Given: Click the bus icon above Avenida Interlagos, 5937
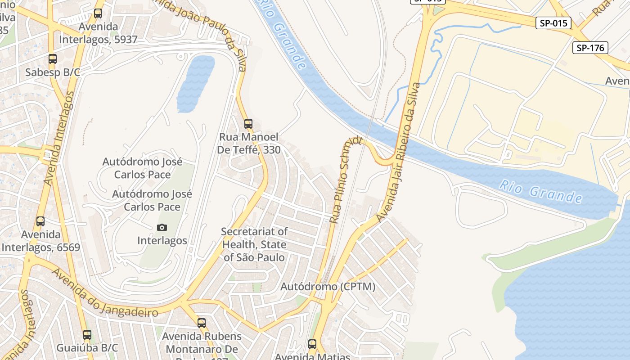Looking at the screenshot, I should [x=98, y=13].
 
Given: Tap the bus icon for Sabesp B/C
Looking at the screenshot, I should [x=53, y=59].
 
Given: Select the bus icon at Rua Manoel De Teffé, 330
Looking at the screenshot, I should [x=248, y=123].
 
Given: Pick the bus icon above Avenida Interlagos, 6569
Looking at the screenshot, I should [x=40, y=221].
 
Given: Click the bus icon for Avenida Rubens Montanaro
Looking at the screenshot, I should [x=202, y=323].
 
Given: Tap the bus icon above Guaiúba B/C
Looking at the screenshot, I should [x=87, y=335].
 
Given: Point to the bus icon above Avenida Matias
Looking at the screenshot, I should [x=312, y=344].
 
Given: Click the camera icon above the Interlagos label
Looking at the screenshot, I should [x=162, y=227].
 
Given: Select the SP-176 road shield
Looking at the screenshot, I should [x=590, y=48].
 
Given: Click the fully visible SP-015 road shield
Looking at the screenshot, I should [x=553, y=23].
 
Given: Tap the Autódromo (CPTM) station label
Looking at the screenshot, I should [x=328, y=287].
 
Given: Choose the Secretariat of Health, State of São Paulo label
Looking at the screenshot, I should [x=255, y=244].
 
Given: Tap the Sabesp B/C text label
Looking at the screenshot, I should [x=53, y=72].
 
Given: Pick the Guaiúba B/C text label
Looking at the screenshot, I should [x=87, y=348].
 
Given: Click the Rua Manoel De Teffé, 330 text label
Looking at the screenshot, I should [x=248, y=143].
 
